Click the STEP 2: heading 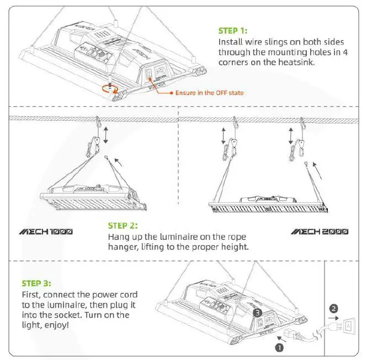coord(123,225)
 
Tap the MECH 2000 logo coord(320,231)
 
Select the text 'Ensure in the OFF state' coord(209,93)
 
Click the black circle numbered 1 coord(279,348)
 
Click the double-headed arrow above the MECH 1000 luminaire coord(106,135)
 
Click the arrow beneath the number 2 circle coord(333,318)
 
